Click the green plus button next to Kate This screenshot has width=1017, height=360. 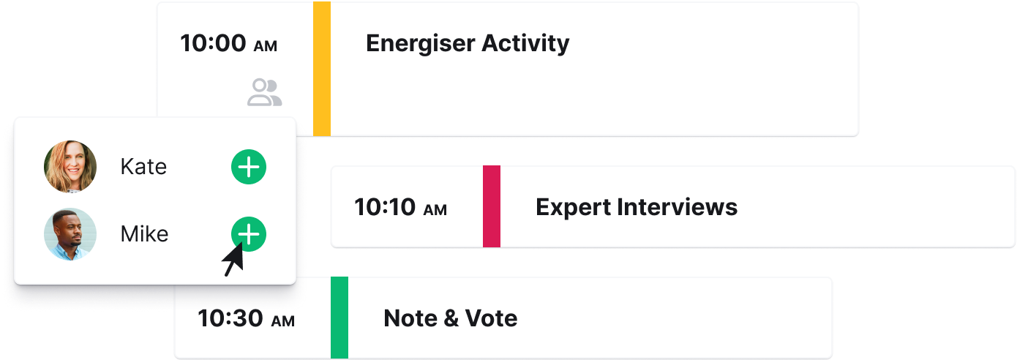click(x=249, y=167)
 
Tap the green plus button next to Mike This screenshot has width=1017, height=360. click(x=249, y=234)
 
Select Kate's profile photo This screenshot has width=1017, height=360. click(x=70, y=167)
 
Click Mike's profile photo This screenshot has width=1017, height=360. click(x=70, y=234)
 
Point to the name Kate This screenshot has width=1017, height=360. click(x=143, y=167)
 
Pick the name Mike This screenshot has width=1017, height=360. click(x=144, y=234)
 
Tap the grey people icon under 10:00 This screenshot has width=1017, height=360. click(x=265, y=92)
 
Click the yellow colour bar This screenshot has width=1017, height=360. click(x=322, y=69)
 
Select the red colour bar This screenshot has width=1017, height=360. click(x=492, y=206)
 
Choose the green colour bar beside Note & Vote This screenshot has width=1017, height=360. click(x=339, y=318)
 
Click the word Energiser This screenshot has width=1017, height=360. click(x=420, y=44)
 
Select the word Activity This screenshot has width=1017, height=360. click(x=525, y=44)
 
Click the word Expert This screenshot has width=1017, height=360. click(x=573, y=208)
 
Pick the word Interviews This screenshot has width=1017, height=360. click(x=677, y=207)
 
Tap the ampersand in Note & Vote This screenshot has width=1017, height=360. click(x=451, y=318)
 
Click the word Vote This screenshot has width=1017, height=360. click(x=491, y=318)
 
